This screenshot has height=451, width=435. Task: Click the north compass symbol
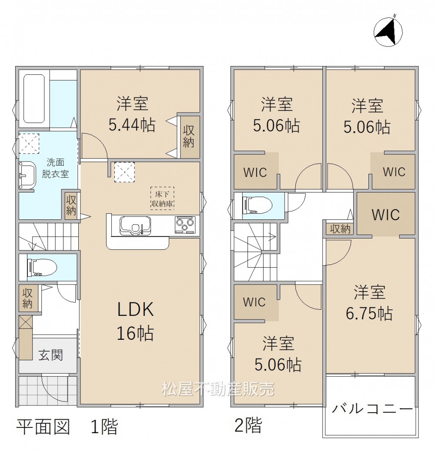click(388, 31)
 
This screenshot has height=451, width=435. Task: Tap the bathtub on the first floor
click(34, 99)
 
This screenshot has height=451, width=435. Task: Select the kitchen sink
click(135, 226)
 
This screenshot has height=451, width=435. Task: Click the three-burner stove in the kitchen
click(185, 224)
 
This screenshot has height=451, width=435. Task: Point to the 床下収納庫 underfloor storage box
click(163, 198)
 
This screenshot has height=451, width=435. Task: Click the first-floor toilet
click(42, 268)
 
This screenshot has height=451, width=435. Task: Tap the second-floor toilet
click(258, 206)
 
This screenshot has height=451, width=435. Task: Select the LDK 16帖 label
click(135, 321)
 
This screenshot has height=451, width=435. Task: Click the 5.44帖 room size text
click(132, 125)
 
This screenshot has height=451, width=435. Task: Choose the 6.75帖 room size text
click(369, 313)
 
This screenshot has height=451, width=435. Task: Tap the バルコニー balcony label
click(372, 408)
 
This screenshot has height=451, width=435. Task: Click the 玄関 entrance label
click(50, 355)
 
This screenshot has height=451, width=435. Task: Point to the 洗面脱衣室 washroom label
click(55, 168)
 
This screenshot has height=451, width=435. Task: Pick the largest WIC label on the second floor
click(386, 215)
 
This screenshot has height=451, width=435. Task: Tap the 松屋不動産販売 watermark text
click(218, 389)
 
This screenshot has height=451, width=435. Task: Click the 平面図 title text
click(43, 427)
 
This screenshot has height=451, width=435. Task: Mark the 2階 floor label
click(248, 425)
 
